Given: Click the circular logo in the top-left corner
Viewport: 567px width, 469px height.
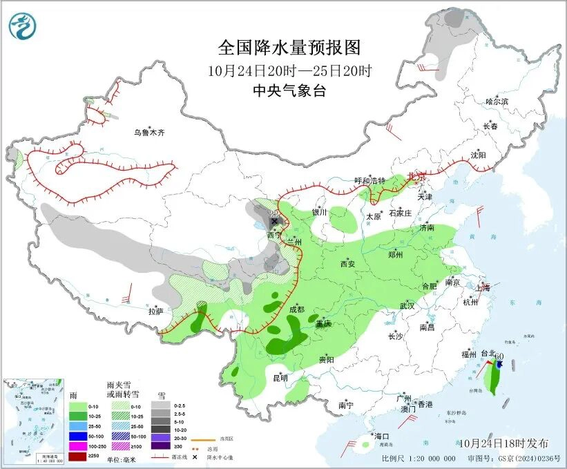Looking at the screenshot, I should [x=22, y=26].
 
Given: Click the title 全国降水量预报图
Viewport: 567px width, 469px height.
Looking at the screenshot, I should [x=289, y=48].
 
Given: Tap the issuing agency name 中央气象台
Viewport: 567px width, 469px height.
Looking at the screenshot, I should [x=289, y=90].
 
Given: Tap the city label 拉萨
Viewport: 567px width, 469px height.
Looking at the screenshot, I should [x=155, y=311].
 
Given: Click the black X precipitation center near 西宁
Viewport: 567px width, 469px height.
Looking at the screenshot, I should [x=274, y=222].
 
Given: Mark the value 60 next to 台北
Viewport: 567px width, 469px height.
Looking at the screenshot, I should [x=499, y=356].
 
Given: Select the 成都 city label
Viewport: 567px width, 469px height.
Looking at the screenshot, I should [x=297, y=309].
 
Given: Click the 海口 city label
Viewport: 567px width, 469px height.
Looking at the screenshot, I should [x=382, y=436].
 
